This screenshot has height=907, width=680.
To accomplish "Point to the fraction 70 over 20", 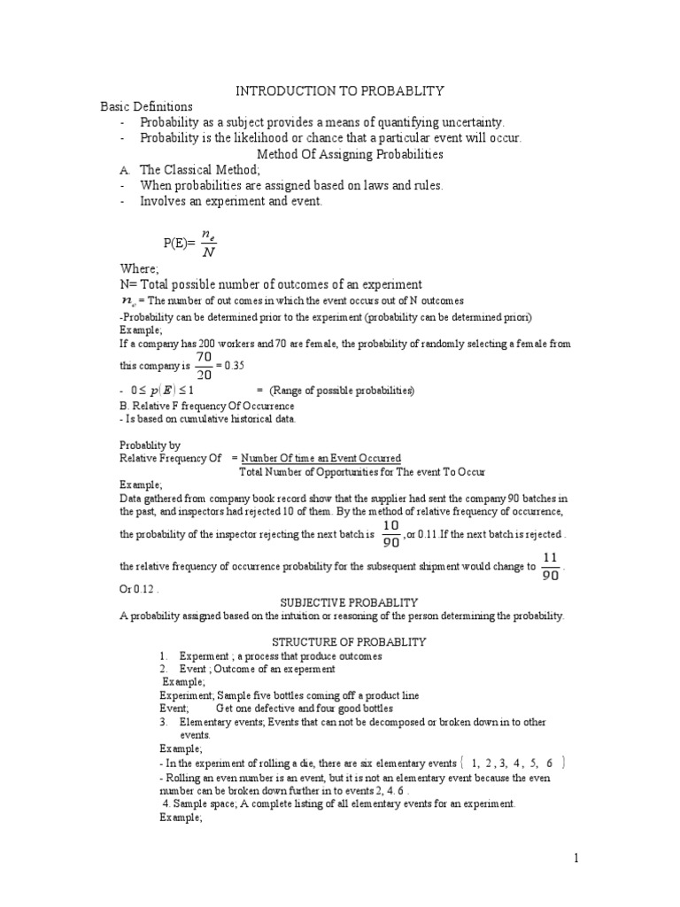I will [x=205, y=364].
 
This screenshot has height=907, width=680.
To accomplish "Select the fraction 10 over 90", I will [x=390, y=535].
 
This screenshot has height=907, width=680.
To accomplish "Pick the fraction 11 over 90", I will [x=549, y=567].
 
